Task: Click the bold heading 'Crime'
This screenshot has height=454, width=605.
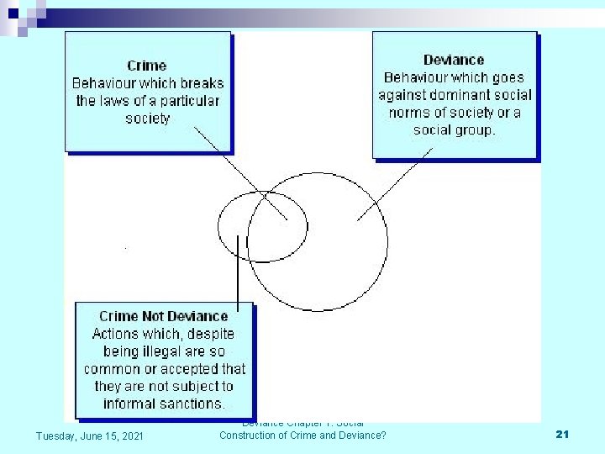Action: (x=147, y=66)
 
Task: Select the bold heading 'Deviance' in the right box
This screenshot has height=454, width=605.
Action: (x=454, y=60)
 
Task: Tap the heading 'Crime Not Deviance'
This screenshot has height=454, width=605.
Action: (x=163, y=316)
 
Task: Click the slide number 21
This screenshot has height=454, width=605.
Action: (x=563, y=434)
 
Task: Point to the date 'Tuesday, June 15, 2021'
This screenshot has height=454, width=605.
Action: (x=89, y=435)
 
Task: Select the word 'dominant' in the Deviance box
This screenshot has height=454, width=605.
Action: (x=459, y=95)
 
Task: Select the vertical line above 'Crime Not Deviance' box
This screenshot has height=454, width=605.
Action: (x=239, y=269)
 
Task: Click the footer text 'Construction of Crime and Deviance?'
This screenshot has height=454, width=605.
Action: (x=302, y=435)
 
